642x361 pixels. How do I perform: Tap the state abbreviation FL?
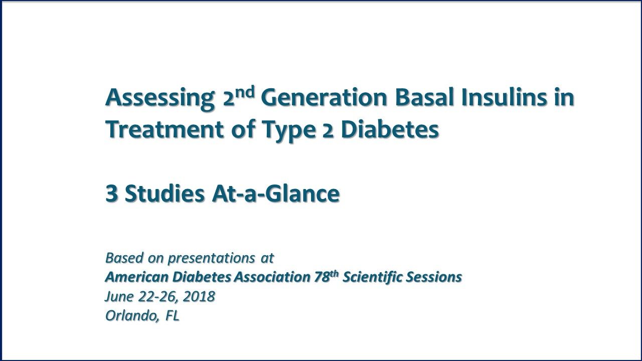tap(172, 316)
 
